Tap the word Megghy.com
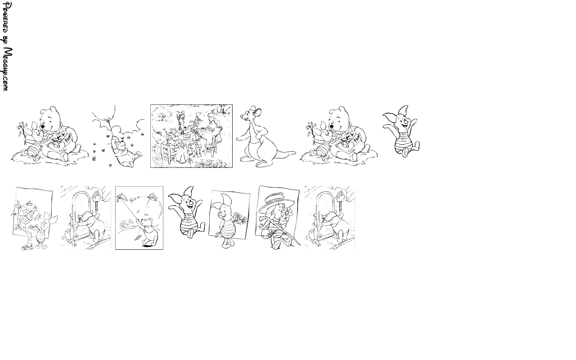(7, 69)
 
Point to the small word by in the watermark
(6, 40)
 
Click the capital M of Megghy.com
(8, 52)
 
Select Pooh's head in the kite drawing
(147, 222)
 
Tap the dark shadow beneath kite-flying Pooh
(147, 246)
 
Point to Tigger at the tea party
(182, 120)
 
